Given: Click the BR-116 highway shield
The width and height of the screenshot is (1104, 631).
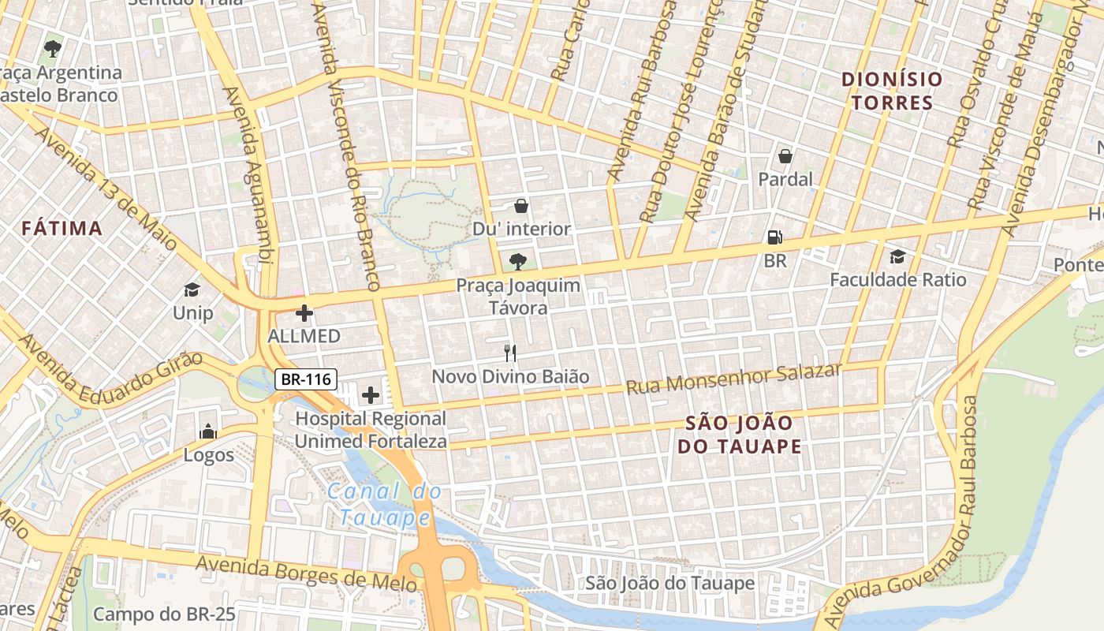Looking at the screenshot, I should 307,379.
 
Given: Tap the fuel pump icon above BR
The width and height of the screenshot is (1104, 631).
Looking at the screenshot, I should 774,237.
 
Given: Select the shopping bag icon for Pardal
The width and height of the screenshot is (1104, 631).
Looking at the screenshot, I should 785,156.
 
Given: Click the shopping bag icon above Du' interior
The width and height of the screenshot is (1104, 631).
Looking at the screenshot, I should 521,206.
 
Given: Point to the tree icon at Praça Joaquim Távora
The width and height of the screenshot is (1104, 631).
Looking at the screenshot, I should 518,261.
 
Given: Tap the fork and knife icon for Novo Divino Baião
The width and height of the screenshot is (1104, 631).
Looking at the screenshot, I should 510,353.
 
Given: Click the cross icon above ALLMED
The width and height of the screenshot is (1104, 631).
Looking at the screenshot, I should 304,313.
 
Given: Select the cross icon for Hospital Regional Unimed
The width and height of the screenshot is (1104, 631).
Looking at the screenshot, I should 370,394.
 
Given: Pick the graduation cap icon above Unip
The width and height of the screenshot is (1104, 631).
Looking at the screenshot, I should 192,289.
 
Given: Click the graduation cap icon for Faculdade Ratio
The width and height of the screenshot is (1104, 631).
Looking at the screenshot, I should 897,256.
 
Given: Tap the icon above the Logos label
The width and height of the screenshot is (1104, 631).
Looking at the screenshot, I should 208,431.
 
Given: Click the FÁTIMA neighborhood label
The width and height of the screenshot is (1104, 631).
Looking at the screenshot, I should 62,229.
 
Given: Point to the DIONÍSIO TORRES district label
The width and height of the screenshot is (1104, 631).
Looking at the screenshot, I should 892,91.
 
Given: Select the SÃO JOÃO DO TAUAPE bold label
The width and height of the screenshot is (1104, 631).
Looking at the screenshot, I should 739,435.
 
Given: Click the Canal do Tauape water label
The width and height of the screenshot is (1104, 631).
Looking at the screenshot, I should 385,505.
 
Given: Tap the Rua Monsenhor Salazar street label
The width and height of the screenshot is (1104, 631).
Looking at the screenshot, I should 733,379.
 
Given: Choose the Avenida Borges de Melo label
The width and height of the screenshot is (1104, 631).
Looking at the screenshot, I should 306,573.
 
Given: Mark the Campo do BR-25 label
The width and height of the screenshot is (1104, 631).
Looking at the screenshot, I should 164,614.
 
